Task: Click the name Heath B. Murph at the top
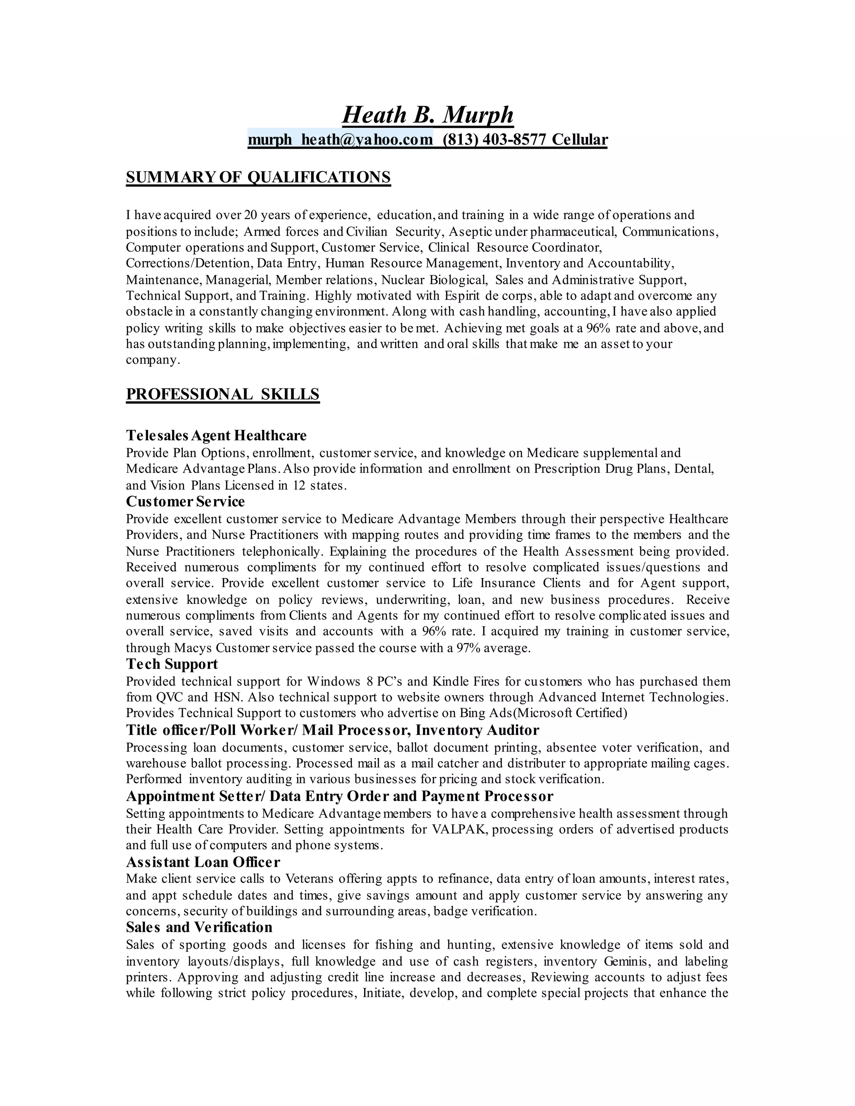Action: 427,115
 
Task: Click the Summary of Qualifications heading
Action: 258,177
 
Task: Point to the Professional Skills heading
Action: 223,394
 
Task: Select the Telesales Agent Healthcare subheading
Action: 216,435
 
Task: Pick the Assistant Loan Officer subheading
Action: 202,862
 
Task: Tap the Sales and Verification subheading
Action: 199,927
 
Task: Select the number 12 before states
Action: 298,485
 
